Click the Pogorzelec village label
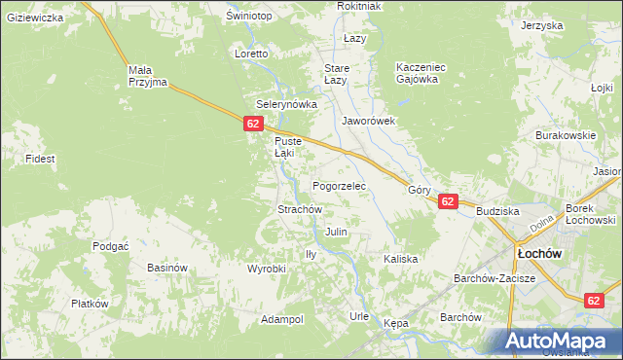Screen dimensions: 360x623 click(338, 185)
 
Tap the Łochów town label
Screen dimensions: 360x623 click(536, 253)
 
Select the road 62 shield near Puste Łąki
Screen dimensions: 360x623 click(253, 124)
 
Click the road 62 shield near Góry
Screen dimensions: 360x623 click(447, 201)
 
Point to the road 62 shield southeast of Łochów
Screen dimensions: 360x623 click(595, 302)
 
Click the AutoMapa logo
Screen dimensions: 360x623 click(559, 341)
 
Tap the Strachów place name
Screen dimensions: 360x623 click(300, 209)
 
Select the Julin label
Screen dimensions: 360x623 click(336, 233)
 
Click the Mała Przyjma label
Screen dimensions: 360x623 click(148, 76)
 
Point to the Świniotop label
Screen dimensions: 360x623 click(246, 17)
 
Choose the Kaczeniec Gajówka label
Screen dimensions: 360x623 click(421, 73)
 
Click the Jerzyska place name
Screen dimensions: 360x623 click(542, 25)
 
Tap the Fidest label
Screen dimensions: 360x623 click(41, 158)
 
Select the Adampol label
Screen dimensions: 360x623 click(282, 319)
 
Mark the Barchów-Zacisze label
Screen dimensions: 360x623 click(495, 278)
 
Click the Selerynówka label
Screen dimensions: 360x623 click(287, 104)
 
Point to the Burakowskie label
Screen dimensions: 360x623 click(565, 136)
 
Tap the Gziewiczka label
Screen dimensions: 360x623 click(34, 18)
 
